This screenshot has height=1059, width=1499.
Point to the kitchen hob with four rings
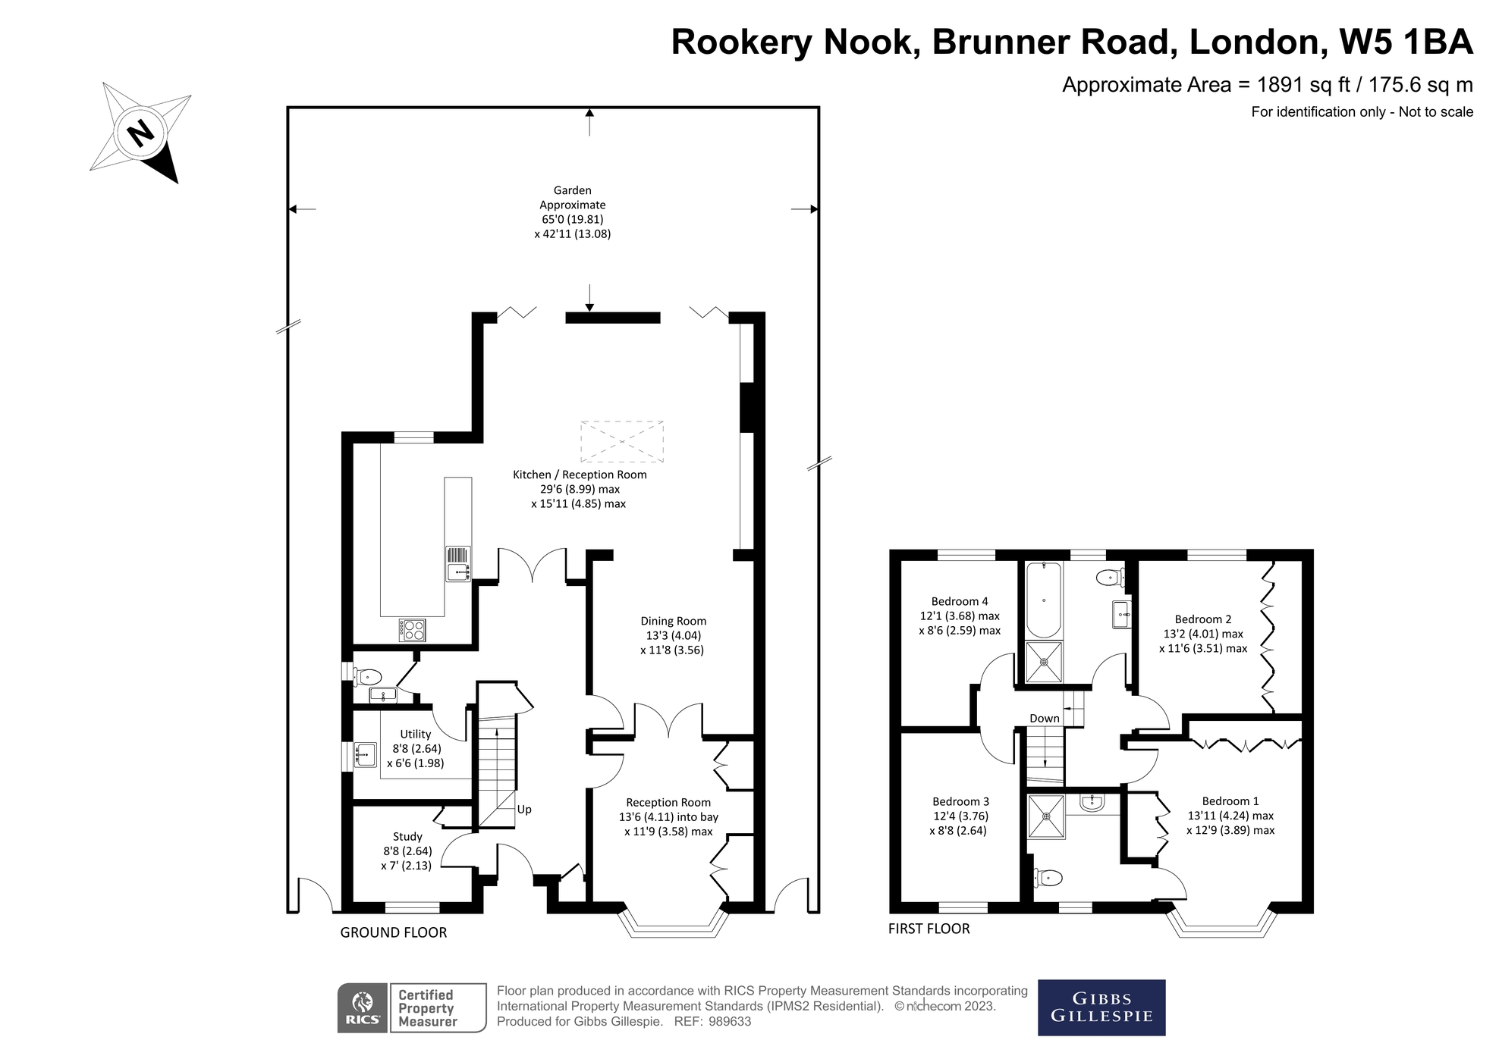click(413, 630)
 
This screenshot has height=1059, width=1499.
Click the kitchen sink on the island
click(457, 572)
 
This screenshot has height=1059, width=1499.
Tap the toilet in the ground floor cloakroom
click(369, 676)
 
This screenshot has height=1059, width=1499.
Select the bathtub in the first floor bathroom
click(1044, 600)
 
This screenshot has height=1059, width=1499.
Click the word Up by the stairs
click(524, 810)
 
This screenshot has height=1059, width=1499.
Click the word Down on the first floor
click(1044, 719)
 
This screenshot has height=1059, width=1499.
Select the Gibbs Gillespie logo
click(1101, 1007)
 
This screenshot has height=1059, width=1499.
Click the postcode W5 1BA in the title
click(1406, 42)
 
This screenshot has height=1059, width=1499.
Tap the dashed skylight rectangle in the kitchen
click(621, 442)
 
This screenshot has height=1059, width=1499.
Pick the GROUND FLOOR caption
click(393, 933)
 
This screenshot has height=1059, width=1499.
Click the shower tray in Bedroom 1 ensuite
click(1046, 816)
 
